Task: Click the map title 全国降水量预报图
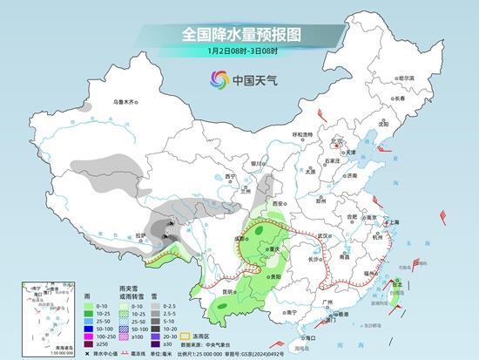tap(239, 35)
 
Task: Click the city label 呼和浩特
tap(302, 134)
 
